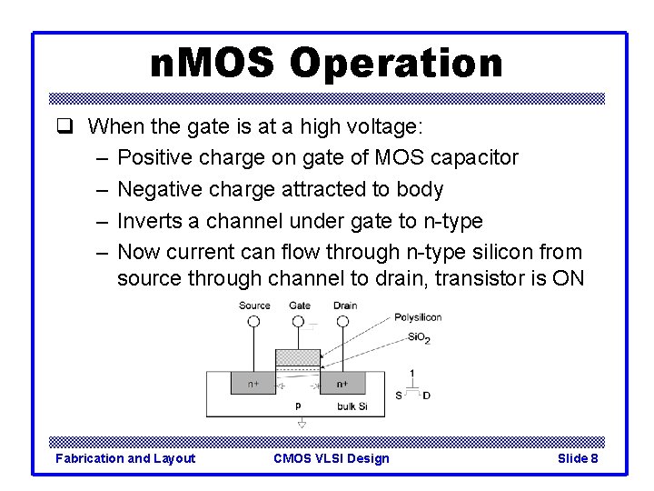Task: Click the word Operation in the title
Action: coord(396,64)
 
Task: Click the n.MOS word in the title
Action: coord(214,64)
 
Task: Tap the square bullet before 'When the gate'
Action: coord(74,125)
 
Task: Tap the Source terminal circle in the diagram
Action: coord(253,321)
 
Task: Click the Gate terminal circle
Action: coord(299,321)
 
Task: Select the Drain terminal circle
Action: coord(344,321)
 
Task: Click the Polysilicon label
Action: coord(418,317)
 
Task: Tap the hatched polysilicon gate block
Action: coord(299,356)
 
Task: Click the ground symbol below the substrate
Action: coord(302,423)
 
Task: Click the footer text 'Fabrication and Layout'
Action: coord(125,458)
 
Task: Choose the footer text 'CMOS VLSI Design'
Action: coord(331,458)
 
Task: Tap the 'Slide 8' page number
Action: coord(577,458)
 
